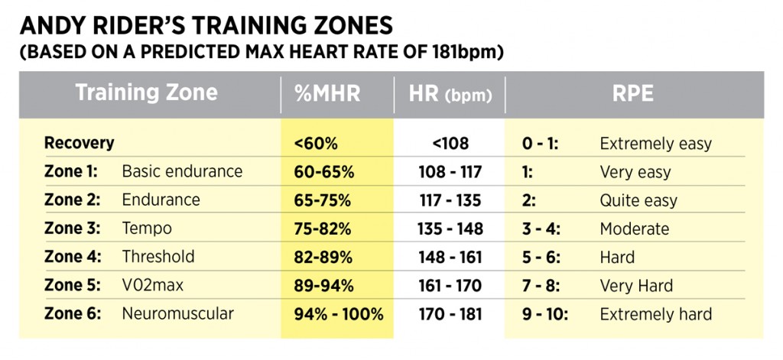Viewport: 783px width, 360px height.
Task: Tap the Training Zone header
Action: tap(146, 93)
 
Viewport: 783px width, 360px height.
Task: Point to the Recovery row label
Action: tap(79, 143)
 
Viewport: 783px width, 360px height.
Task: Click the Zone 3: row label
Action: tap(70, 229)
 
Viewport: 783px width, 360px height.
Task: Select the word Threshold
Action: tap(158, 257)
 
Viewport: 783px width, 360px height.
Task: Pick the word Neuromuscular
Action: tap(177, 313)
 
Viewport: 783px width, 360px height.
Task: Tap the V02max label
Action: tap(152, 285)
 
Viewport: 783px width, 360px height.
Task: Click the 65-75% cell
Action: tap(322, 200)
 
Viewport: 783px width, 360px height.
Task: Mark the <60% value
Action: tap(314, 143)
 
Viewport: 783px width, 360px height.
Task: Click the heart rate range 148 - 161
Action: tap(450, 257)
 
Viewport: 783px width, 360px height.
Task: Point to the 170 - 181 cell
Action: tap(450, 313)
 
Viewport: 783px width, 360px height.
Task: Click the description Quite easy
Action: tap(638, 200)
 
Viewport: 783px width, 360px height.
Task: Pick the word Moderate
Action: tap(634, 229)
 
